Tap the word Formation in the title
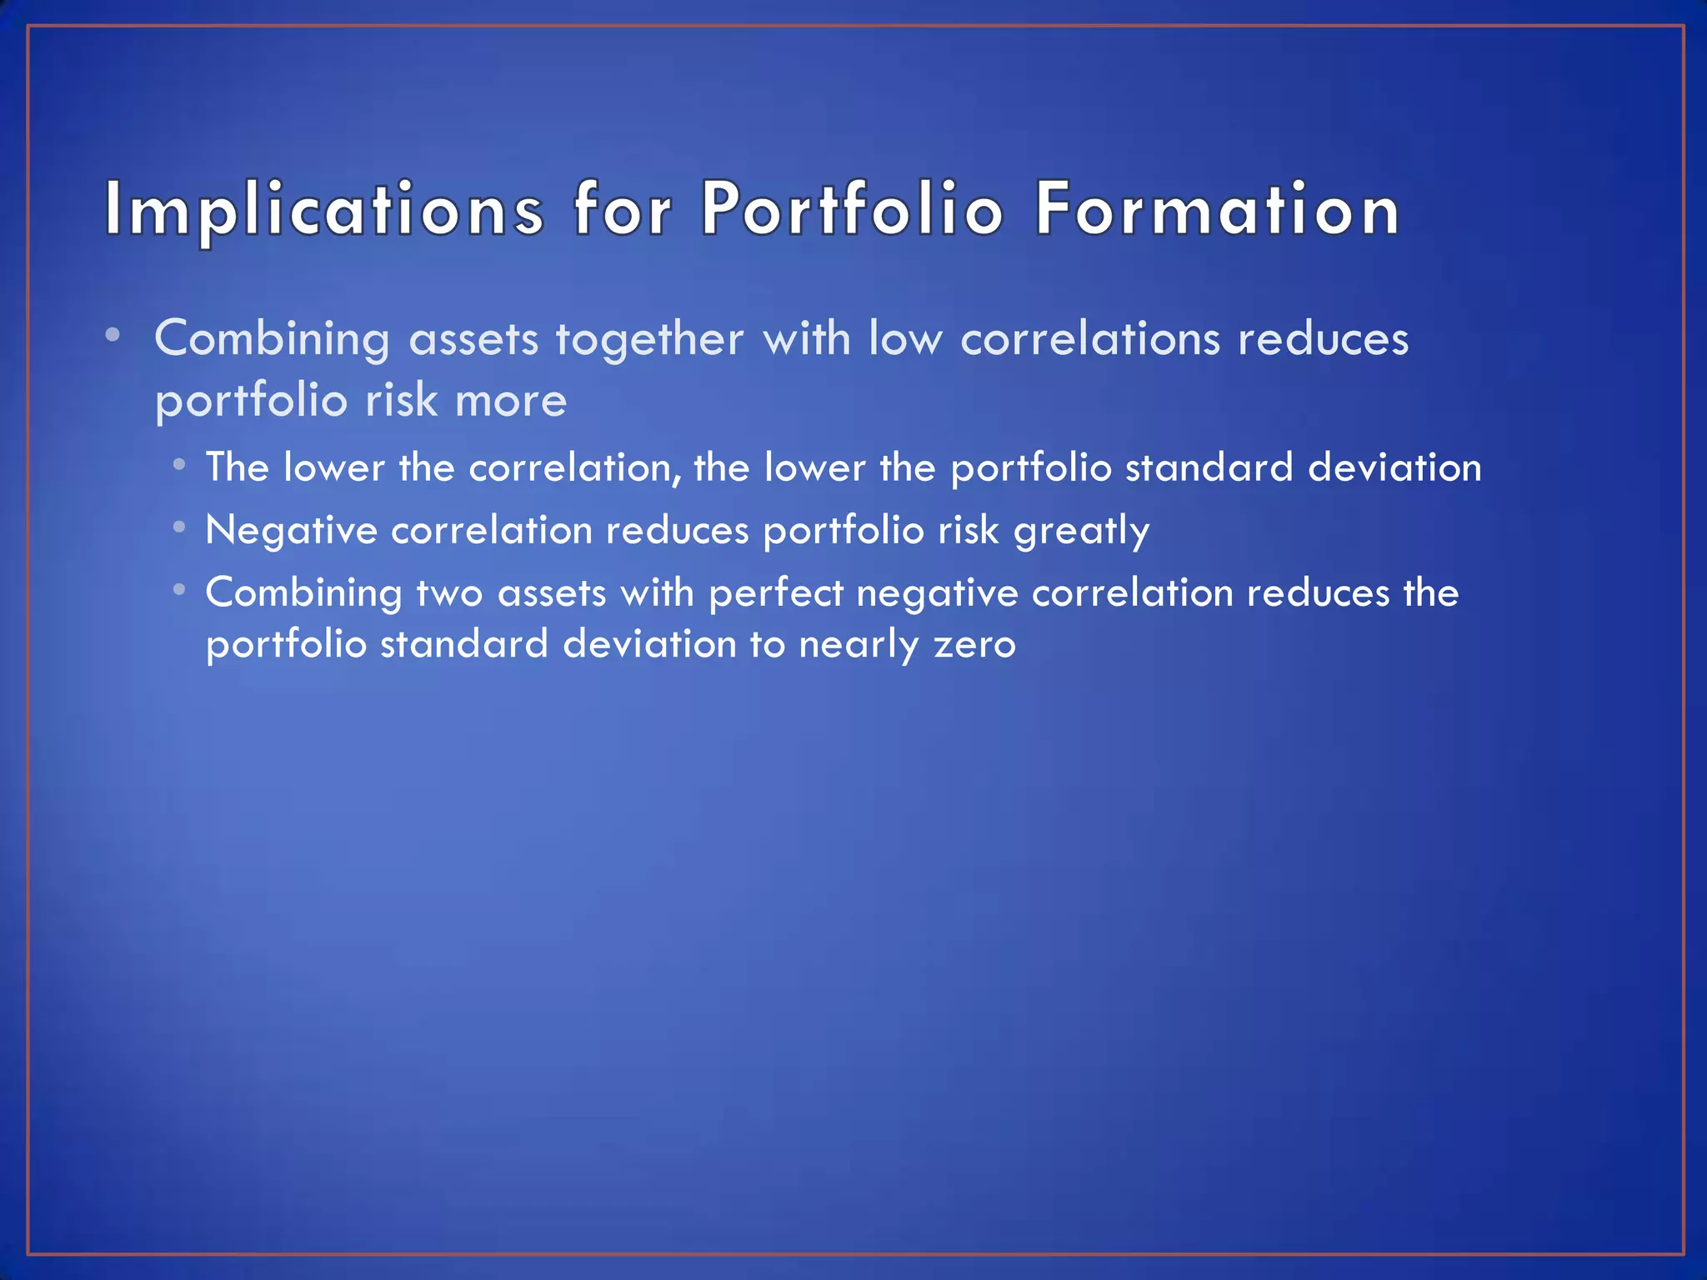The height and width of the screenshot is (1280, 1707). coord(1218,210)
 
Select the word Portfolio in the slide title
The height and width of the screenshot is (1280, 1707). coord(852,210)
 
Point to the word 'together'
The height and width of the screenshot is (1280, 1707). coord(649,339)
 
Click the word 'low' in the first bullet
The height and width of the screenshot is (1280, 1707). coord(905,339)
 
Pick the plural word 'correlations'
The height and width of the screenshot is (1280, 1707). coord(1092,339)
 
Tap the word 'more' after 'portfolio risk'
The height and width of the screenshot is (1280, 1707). coord(511,402)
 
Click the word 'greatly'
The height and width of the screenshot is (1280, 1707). coord(1081,531)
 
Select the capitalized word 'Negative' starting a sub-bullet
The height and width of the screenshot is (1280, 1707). coord(291,530)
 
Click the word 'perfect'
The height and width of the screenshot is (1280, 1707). coord(776,593)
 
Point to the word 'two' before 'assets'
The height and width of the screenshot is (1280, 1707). coord(449,593)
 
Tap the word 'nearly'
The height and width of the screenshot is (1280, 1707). coord(859,645)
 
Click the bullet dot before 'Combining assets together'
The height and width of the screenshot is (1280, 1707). coord(113,335)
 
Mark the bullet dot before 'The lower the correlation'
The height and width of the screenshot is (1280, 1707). coord(179,464)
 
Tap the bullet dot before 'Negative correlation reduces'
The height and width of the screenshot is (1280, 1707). coord(179,527)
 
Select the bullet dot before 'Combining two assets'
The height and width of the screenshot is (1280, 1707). coord(179,590)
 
